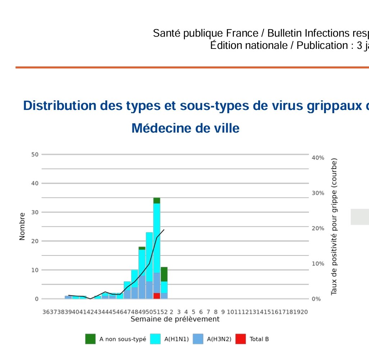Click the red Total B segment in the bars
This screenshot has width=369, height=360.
(157, 296)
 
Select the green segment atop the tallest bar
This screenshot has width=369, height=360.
(157, 200)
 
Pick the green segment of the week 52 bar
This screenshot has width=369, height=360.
(164, 274)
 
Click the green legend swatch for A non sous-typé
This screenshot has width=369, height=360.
(90, 339)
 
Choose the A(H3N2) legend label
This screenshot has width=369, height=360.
(219, 339)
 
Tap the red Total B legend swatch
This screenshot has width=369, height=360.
(241, 339)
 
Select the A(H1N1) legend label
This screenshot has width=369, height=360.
(176, 339)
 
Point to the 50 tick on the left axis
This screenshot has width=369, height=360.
(35, 154)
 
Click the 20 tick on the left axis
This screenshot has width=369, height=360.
(35, 241)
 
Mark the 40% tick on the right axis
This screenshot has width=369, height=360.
(318, 158)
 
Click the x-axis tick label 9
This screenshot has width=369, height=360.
(223, 312)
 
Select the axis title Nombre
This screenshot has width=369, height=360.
(22, 226)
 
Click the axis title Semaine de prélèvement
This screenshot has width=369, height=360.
(175, 319)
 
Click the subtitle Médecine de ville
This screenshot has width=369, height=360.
(185, 128)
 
